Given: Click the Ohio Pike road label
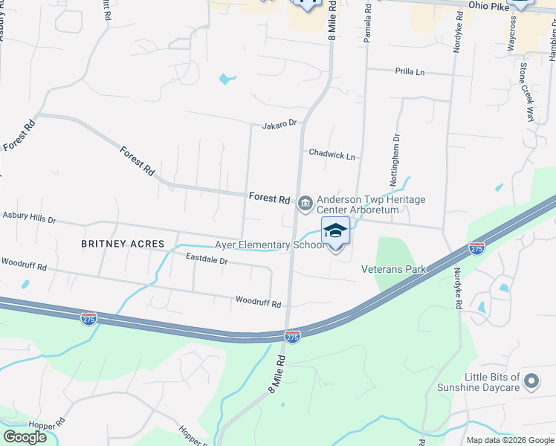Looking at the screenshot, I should (488, 5).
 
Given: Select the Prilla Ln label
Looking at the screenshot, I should (410, 72).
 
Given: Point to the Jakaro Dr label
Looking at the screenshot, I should (279, 124).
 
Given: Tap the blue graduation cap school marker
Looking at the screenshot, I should (335, 231).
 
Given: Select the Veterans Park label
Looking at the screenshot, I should (393, 268).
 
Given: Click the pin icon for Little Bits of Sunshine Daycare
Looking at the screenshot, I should (531, 382).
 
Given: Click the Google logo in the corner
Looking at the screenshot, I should (25, 436).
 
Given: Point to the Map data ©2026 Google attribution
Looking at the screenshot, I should (510, 440).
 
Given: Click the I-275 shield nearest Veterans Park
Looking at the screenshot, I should (476, 247).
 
